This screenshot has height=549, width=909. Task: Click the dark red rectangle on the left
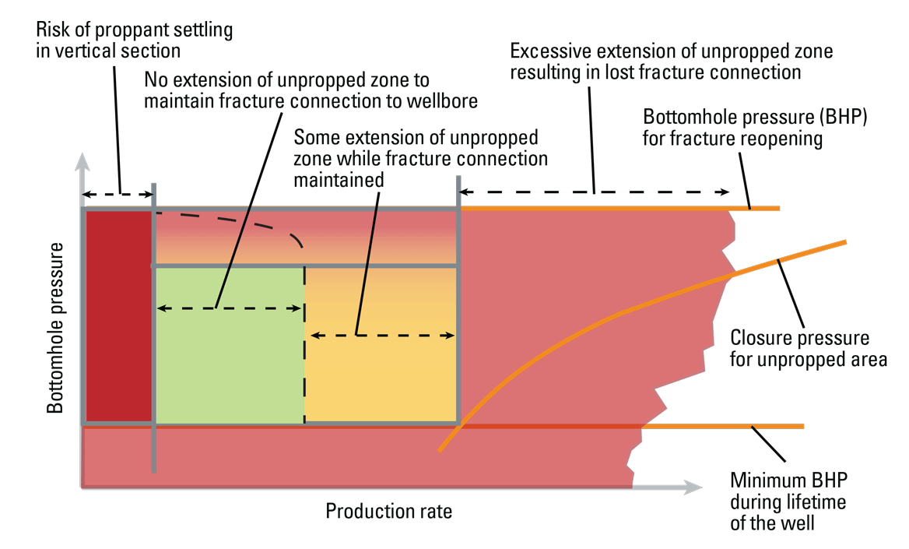pyautogui.click(x=118, y=315)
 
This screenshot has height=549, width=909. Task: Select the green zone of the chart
pyautogui.click(x=230, y=366)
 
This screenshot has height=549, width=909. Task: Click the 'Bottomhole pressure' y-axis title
pyautogui.click(x=55, y=327)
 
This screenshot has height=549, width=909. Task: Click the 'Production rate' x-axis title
pyautogui.click(x=388, y=512)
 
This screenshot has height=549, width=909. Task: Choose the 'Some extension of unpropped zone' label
pyautogui.click(x=420, y=158)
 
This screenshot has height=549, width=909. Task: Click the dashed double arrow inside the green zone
pyautogui.click(x=230, y=308)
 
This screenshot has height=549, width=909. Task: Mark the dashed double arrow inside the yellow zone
pyautogui.click(x=381, y=336)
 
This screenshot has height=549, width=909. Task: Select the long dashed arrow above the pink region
pyautogui.click(x=594, y=192)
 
